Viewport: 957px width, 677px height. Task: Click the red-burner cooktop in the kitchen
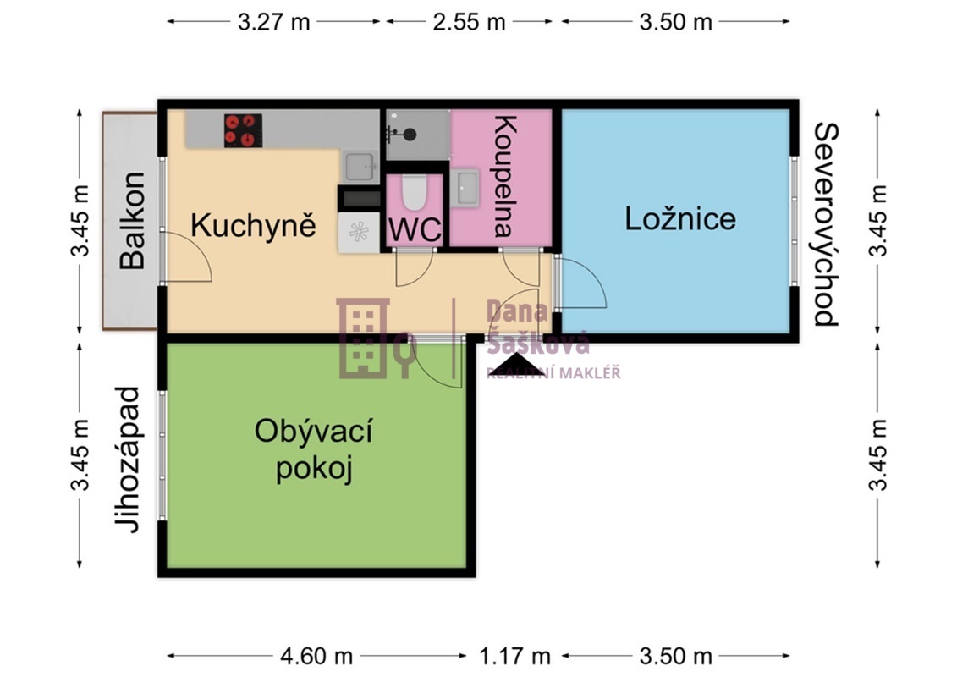[242, 130]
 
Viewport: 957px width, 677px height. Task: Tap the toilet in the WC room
[414, 193]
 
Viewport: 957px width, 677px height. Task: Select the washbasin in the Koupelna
[465, 187]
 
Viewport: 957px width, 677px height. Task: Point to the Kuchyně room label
[253, 226]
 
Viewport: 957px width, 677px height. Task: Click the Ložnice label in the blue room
[680, 218]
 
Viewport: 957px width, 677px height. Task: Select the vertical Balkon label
[132, 221]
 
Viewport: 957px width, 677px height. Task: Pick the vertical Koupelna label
[503, 176]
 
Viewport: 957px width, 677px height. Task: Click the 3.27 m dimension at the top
[274, 22]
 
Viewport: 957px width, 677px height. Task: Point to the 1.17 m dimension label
[514, 656]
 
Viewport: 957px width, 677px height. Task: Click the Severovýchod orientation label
[825, 224]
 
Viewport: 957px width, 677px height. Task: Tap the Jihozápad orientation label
[127, 460]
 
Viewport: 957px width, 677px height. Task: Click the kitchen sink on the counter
[359, 166]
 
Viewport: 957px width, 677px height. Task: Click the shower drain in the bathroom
[410, 134]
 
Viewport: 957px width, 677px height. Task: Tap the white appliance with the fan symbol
[358, 232]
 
